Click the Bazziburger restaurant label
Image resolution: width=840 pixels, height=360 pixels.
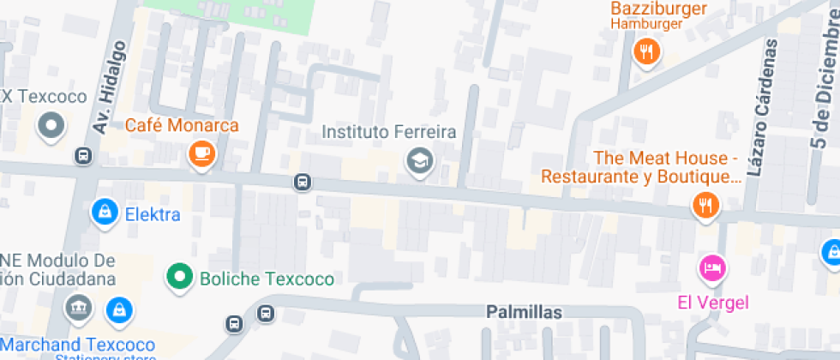point(658,9)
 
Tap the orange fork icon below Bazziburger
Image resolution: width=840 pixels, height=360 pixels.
point(647,52)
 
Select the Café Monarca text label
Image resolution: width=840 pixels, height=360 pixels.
point(182,125)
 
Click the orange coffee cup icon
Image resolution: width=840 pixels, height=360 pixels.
point(201,153)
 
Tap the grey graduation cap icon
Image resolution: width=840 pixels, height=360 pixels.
point(419,159)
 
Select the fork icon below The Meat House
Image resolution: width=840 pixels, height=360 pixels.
point(705,204)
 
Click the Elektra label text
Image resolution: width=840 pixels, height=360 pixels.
point(153,213)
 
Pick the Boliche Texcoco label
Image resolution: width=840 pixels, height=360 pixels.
point(267,279)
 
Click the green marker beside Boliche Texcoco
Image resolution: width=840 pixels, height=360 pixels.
point(179,277)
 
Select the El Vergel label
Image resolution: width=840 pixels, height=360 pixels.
point(700,302)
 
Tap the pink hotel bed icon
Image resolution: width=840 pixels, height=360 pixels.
point(712,268)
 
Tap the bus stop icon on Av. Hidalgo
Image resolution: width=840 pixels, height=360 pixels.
point(83,156)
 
